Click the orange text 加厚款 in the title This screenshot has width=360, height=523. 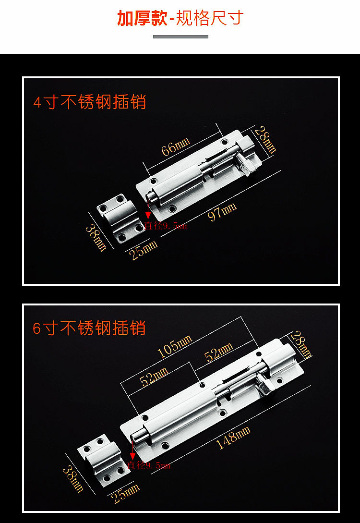[143, 18]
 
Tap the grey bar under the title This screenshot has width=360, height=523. [180, 36]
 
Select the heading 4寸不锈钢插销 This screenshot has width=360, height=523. [89, 102]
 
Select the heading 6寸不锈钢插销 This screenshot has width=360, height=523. [89, 328]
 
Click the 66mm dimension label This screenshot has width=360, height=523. [175, 146]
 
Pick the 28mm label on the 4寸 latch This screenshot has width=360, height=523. [265, 140]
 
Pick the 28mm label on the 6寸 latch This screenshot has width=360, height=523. [301, 345]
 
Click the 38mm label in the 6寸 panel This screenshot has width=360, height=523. [73, 478]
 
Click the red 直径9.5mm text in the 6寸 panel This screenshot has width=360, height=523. [148, 465]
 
